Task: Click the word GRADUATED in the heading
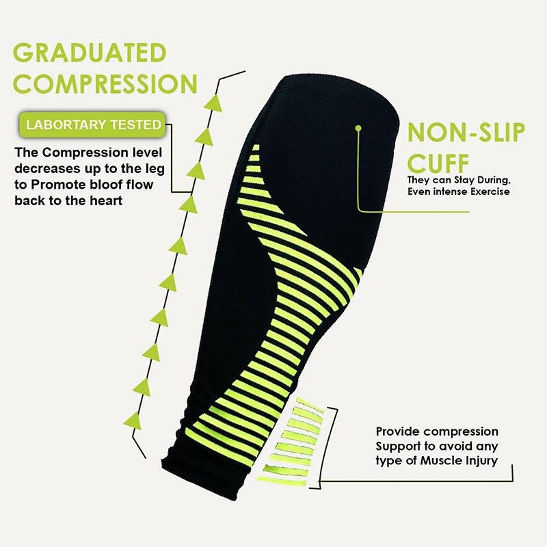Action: pos(90,53)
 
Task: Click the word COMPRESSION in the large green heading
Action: pos(105,83)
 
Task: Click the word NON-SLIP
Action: pos(466,132)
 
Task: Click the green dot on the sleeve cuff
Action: pos(358,127)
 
